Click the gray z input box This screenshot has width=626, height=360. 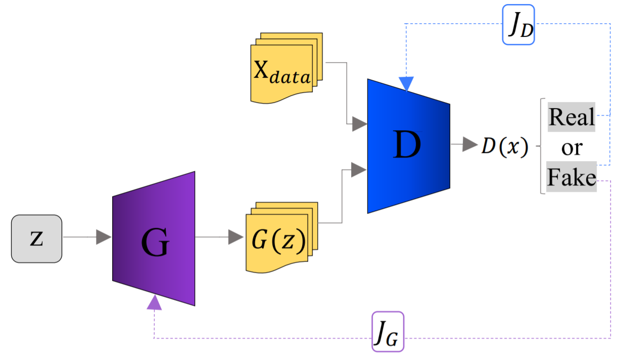[36, 239]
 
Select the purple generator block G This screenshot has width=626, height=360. [154, 239]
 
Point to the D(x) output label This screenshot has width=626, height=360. [504, 146]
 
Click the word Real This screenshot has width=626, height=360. [571, 117]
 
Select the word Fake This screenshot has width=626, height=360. [571, 177]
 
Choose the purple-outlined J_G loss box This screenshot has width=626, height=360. [388, 332]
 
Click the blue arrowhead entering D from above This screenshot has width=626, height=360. [406, 84]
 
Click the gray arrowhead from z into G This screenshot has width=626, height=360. [104, 237]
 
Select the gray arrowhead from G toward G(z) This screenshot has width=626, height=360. [235, 237]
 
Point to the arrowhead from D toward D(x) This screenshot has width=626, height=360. [470, 145]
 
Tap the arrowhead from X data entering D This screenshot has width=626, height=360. [359, 124]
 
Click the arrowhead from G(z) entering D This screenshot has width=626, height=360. [359, 170]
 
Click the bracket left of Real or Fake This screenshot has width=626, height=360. [542, 146]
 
